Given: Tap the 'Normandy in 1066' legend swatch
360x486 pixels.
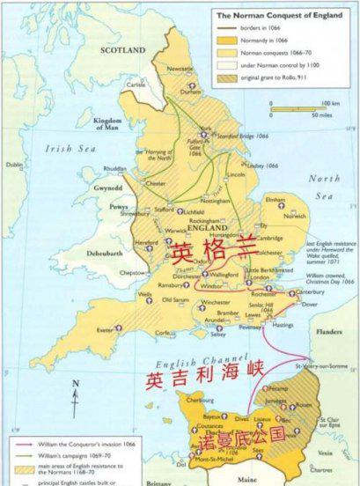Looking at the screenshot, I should [x=227, y=40].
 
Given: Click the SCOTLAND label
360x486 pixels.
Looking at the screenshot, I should [x=123, y=51].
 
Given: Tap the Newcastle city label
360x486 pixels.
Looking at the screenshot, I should [x=180, y=67].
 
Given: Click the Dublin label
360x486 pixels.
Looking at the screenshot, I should [x=14, y=165].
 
